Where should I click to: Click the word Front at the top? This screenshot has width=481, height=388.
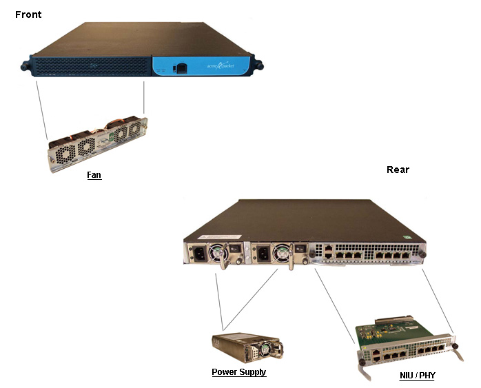(28, 14)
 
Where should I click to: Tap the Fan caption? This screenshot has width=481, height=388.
(94, 175)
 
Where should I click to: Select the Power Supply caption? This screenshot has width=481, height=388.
(238, 372)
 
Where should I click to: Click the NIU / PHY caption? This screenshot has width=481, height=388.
(418, 376)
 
